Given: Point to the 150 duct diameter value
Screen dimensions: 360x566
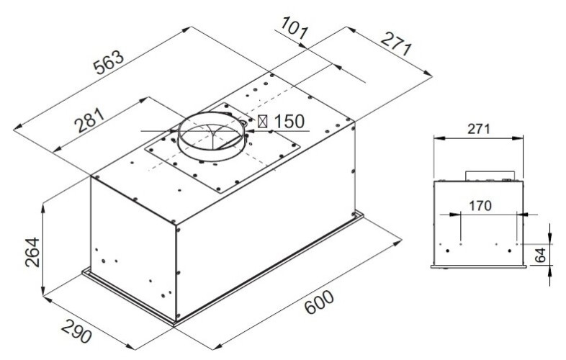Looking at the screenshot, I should (289, 122).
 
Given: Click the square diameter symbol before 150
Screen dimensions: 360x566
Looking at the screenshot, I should (264, 122).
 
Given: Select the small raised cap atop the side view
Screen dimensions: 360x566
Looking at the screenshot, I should (489, 176).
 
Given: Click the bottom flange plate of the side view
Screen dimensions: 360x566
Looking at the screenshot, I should (479, 266).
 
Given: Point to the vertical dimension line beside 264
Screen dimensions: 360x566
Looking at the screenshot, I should (43, 248).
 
